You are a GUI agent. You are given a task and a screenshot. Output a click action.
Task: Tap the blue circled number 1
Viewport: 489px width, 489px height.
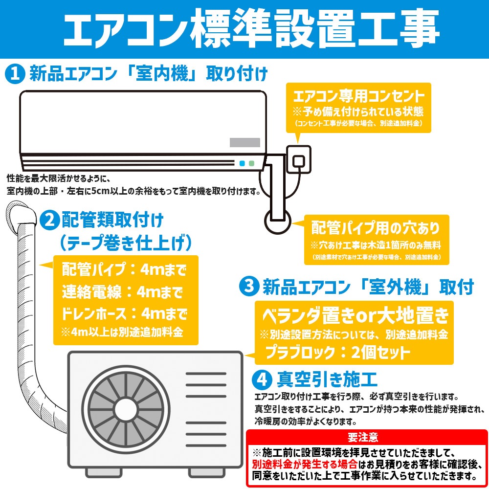click(x=15, y=74)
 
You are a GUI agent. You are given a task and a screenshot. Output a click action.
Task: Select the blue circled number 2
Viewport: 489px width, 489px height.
click(x=49, y=221)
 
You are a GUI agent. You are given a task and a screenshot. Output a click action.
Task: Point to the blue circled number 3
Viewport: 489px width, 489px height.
click(x=248, y=287)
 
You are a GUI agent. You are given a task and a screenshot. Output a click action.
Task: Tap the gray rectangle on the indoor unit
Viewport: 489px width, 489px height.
click(x=245, y=142)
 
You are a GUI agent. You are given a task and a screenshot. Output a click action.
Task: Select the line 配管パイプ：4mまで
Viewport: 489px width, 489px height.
click(x=124, y=269)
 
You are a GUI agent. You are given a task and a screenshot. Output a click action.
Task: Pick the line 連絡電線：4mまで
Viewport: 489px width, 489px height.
click(x=122, y=292)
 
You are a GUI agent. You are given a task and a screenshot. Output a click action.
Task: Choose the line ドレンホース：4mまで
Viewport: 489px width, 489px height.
click(x=124, y=313)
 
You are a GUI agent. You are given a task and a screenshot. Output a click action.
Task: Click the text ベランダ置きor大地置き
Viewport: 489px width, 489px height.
click(x=355, y=316)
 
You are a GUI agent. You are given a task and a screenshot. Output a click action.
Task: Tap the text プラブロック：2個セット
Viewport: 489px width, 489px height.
click(x=337, y=352)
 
